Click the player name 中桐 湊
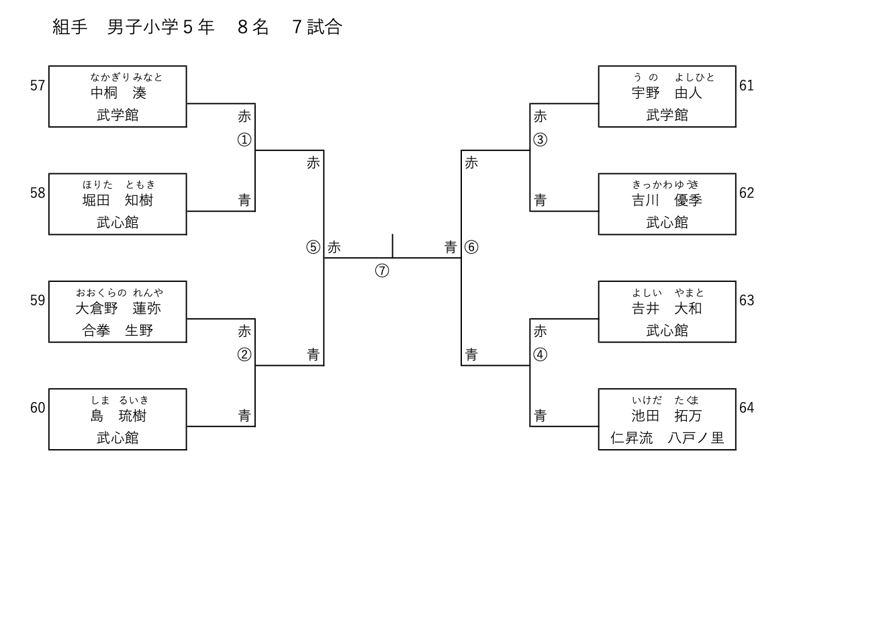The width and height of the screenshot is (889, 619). (118, 93)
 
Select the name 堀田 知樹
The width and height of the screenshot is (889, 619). (118, 200)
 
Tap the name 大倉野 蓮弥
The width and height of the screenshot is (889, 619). (118, 308)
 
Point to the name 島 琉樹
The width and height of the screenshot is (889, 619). (118, 416)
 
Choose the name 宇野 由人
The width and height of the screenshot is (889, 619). (667, 93)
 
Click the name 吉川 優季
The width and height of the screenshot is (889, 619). (667, 200)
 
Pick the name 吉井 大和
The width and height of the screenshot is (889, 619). (667, 308)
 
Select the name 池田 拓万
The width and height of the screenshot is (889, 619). (667, 416)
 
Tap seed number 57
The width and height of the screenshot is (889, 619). (38, 85)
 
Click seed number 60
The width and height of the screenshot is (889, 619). (38, 408)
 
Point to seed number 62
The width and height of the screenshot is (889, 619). (747, 193)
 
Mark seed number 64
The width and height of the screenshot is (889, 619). (747, 408)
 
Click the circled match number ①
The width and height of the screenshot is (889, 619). (244, 140)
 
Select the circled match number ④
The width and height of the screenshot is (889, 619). (541, 354)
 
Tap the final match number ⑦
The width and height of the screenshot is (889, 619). (382, 271)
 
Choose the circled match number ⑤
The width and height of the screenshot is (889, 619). (313, 247)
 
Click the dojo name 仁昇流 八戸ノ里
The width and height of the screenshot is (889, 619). (667, 438)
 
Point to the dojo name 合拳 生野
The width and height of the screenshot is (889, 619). (118, 330)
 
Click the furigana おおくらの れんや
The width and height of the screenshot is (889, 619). (119, 292)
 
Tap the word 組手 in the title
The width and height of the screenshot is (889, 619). (70, 27)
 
